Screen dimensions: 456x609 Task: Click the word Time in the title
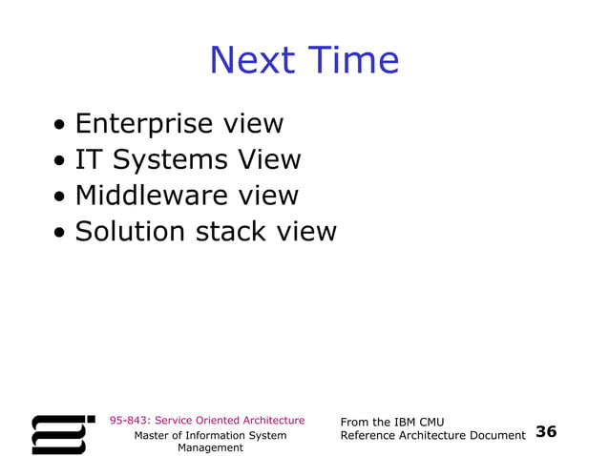click(x=350, y=60)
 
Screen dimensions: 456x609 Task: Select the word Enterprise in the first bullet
click(x=144, y=124)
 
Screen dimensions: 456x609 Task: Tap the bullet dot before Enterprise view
click(x=60, y=125)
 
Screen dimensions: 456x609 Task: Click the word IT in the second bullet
click(x=88, y=159)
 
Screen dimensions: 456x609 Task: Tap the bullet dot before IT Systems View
click(x=60, y=161)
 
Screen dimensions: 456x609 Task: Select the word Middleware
click(x=153, y=196)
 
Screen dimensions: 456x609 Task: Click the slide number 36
click(x=546, y=432)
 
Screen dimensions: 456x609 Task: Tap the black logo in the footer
click(x=63, y=433)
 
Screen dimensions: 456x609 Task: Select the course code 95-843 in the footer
click(x=129, y=420)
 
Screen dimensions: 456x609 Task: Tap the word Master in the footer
click(x=153, y=435)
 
